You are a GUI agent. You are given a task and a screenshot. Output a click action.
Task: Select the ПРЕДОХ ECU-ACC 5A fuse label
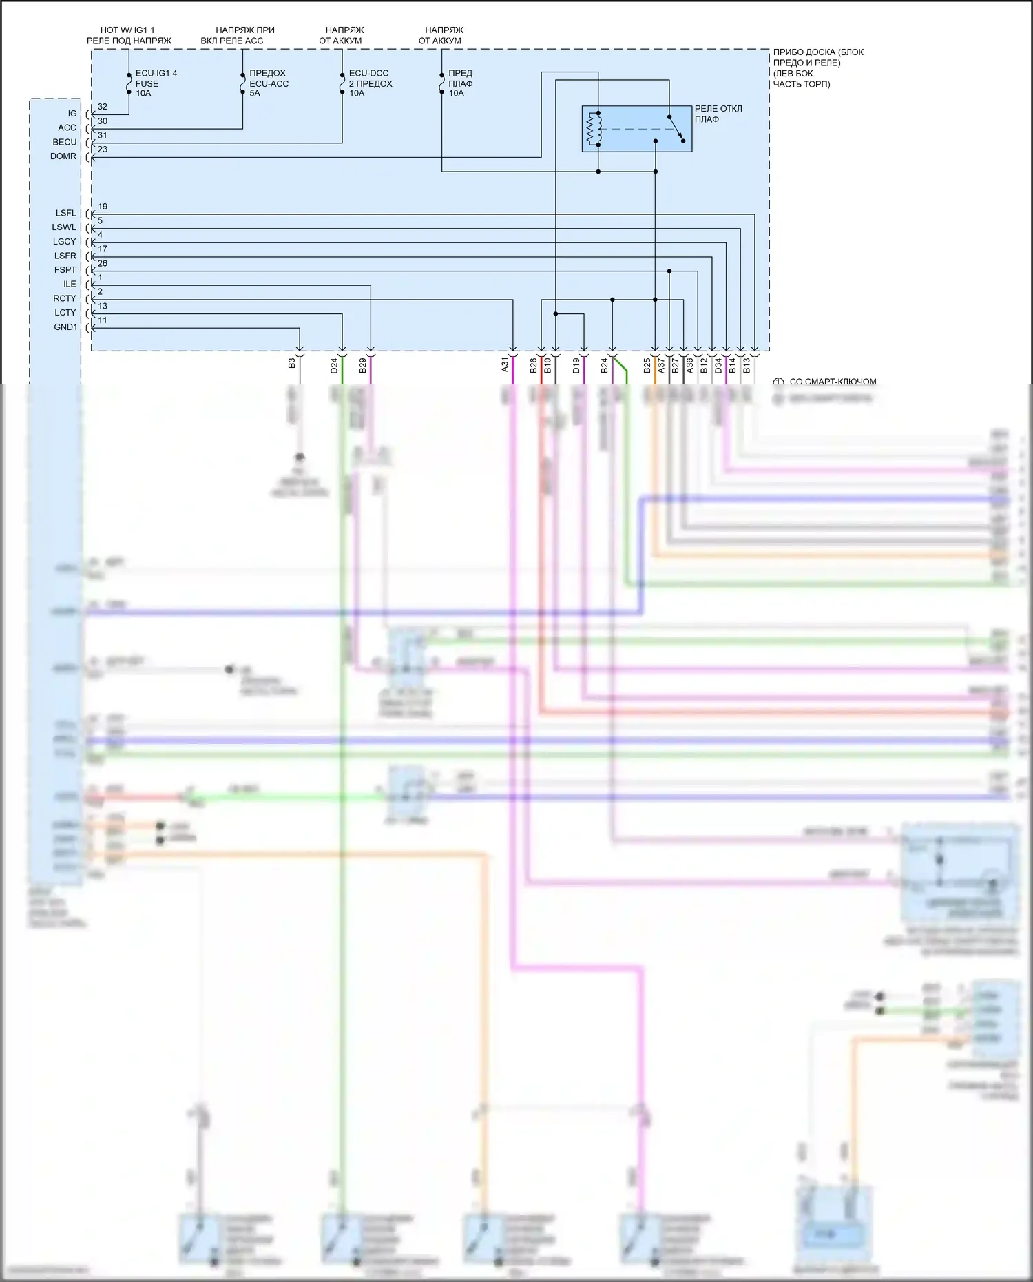pos(269,83)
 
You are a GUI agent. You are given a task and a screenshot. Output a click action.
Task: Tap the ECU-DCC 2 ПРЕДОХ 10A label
pos(370,83)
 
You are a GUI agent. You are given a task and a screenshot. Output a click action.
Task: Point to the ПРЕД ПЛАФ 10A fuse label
pos(460,83)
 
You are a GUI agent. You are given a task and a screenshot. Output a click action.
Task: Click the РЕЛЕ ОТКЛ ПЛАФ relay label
pos(718,114)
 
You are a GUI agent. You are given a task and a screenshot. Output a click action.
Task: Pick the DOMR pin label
pos(63,156)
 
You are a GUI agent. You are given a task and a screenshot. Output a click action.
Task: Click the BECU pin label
pos(65,142)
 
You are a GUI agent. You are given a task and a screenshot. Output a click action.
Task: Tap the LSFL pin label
pos(66,213)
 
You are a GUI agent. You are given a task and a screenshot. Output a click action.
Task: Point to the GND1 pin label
pos(66,327)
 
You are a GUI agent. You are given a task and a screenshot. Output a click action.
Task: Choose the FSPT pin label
pos(65,269)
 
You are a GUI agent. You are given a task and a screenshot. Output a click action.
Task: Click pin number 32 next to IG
pos(103,107)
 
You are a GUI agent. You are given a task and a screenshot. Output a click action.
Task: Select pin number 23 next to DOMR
pos(103,149)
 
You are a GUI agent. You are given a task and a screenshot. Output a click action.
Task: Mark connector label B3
pos(292,362)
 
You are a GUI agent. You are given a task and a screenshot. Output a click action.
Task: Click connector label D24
pos(334,365)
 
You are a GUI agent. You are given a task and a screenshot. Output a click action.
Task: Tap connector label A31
pos(505,365)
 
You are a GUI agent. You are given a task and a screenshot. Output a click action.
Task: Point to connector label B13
pos(747,365)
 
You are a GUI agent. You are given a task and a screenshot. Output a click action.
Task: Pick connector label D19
pos(576,365)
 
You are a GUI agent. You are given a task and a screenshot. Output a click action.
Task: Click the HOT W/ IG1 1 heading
pos(128,30)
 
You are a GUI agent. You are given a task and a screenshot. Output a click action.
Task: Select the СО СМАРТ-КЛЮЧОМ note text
pos(833,382)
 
